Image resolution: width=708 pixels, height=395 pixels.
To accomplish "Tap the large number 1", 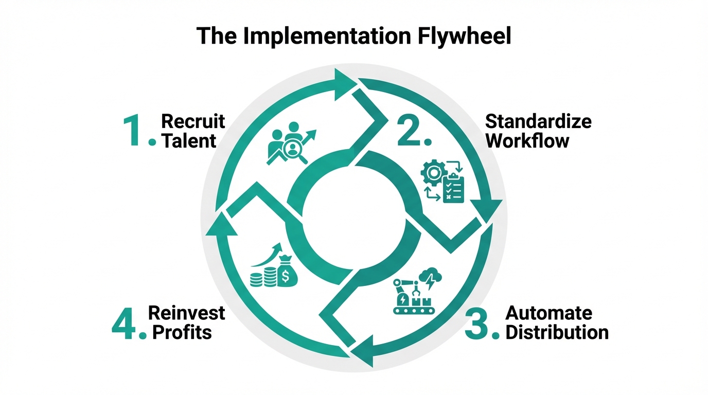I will pyautogui.click(x=135, y=132).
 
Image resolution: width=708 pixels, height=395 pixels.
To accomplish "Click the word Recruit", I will pyautogui.click(x=193, y=121).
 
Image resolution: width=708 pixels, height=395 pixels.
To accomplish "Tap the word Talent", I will pyautogui.click(x=189, y=141).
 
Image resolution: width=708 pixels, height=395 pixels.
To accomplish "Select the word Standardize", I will pyautogui.click(x=538, y=121).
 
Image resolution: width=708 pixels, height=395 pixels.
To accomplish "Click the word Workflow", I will pyautogui.click(x=527, y=141).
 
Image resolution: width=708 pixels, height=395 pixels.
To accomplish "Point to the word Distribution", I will pyautogui.click(x=557, y=332).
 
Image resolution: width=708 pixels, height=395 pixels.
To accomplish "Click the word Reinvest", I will pyautogui.click(x=187, y=313).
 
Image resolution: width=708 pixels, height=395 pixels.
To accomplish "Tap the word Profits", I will pyautogui.click(x=182, y=332).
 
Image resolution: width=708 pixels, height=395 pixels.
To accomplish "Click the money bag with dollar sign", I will pyautogui.click(x=286, y=272).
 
